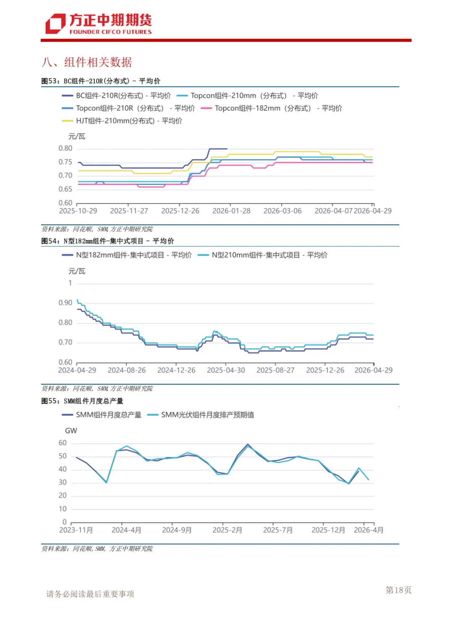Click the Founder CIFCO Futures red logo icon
(55, 23)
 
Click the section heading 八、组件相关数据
(87, 62)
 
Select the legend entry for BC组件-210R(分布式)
(116, 96)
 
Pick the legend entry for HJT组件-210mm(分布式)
(122, 121)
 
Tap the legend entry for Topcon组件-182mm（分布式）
(271, 108)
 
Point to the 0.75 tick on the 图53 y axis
(65, 162)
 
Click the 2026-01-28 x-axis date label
(231, 211)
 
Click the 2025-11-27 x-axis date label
(129, 211)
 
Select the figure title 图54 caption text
(108, 241)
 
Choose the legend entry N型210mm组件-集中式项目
(263, 255)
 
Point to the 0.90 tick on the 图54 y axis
(65, 303)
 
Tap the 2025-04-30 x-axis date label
(226, 370)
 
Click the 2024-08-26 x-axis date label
(127, 370)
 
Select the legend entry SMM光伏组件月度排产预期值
(200, 415)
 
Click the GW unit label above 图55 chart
(71, 431)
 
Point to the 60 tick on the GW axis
(62, 443)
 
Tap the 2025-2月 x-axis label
(227, 530)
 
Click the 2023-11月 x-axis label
(76, 530)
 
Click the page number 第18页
(398, 590)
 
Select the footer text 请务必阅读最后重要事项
(90, 594)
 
